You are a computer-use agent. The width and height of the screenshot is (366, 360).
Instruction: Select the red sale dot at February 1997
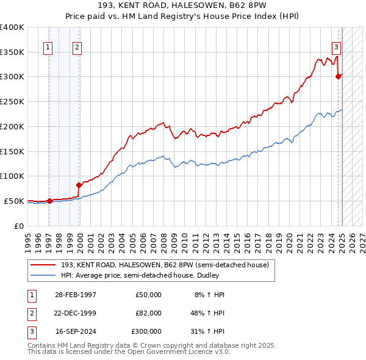click(x=49, y=201)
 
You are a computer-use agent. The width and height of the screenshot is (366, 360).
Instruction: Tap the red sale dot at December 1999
click(x=79, y=185)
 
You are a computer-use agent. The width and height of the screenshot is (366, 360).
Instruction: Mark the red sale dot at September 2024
click(x=338, y=77)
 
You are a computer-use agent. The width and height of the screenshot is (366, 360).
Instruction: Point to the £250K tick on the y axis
click(x=12, y=102)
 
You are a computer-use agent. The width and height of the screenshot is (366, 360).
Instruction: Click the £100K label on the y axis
click(x=12, y=176)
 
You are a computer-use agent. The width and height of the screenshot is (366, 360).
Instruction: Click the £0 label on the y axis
click(x=18, y=226)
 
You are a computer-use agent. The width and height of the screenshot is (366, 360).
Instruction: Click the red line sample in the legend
click(x=42, y=265)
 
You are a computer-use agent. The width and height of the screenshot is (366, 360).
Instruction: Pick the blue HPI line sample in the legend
click(x=42, y=275)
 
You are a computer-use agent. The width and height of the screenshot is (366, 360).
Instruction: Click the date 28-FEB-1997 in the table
click(x=76, y=295)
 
